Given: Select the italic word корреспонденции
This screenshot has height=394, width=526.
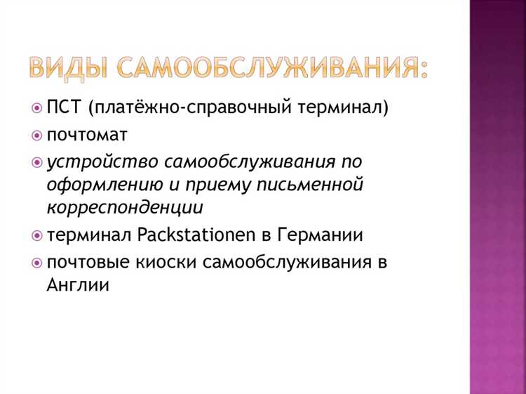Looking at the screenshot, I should tap(126, 208).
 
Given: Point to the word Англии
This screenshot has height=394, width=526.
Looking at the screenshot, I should tap(78, 285).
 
